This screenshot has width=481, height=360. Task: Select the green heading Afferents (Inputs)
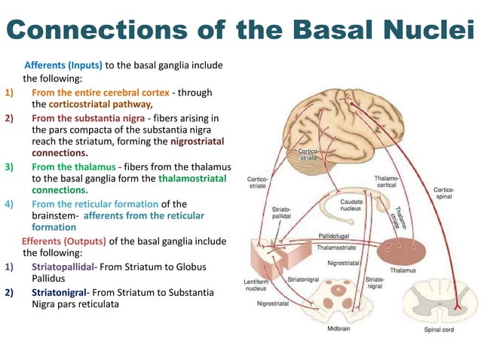coord(64,65)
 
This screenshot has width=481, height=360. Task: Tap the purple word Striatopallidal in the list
coord(63,267)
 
